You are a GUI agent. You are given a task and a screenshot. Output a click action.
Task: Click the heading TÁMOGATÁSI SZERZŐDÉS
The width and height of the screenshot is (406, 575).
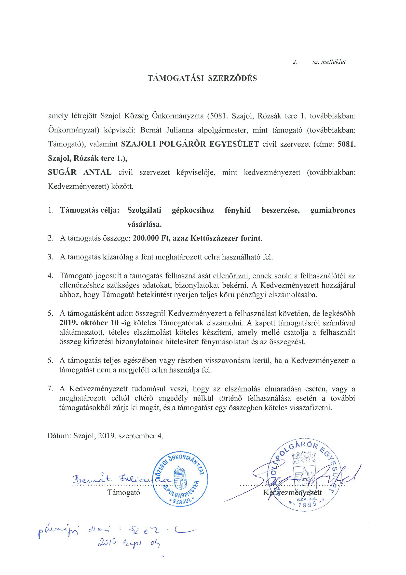click(202, 78)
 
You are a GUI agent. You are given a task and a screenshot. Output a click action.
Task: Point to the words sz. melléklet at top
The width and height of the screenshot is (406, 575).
click(329, 62)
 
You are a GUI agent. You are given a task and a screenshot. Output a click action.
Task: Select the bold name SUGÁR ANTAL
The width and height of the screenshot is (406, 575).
click(80, 172)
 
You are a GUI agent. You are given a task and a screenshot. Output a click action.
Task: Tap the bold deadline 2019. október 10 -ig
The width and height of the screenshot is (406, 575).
click(95, 323)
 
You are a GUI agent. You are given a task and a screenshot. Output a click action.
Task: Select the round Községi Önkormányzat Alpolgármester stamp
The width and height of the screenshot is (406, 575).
click(181, 478)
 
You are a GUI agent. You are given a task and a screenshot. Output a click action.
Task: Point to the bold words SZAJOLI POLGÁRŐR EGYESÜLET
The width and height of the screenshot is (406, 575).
click(190, 144)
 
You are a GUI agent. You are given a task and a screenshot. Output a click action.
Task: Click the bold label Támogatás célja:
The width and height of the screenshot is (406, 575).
click(90, 210)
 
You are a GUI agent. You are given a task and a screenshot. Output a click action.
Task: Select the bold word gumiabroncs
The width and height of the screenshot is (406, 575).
click(333, 210)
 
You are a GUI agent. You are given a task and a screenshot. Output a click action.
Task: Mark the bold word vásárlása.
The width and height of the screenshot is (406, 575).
click(145, 224)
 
